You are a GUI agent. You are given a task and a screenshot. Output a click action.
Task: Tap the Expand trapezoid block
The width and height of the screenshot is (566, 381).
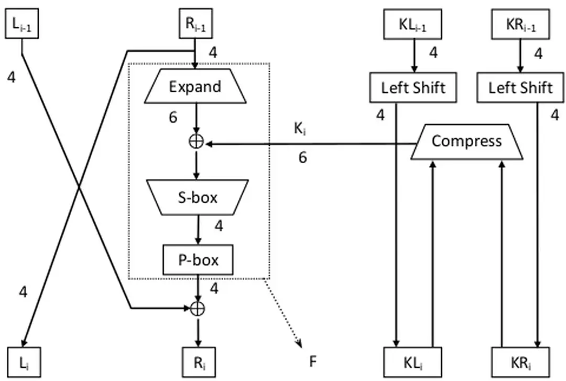pos(195,87)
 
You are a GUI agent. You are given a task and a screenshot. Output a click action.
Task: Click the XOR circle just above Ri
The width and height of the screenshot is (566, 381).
pos(197,309)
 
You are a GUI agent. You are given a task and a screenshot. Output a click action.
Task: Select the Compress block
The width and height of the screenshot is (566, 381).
pos(466,141)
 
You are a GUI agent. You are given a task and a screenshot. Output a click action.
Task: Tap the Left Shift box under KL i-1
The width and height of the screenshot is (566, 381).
pos(413,87)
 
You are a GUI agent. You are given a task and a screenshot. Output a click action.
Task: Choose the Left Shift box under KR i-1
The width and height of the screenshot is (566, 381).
pos(521,87)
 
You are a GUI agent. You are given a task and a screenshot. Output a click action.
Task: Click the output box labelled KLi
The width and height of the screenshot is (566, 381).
pos(413,362)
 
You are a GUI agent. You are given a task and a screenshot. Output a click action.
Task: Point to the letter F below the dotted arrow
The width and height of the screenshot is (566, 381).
pos(313,362)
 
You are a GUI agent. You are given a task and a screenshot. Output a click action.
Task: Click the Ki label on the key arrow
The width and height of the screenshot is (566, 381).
pos(300,129)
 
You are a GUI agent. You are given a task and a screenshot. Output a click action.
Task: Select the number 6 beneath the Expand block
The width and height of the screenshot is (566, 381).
pos(173,118)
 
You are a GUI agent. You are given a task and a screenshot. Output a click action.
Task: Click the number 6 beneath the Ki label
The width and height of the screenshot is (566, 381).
pos(303,156)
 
